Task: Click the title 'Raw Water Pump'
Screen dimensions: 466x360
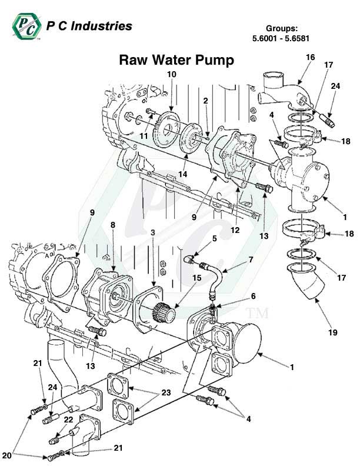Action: pos(176,60)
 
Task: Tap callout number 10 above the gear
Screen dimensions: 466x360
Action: pos(172,75)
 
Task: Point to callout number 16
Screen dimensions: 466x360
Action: pos(311,58)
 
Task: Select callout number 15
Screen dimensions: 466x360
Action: pos(196,277)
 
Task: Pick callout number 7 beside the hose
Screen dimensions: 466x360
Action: pos(251,259)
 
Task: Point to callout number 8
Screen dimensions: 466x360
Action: pos(113,225)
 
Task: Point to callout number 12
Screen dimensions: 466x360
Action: pos(235,230)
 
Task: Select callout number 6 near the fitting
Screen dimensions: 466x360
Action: pos(237,296)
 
